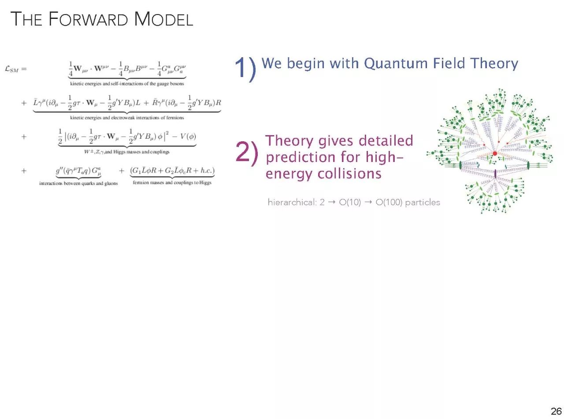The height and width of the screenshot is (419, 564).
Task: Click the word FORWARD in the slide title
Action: (x=88, y=19)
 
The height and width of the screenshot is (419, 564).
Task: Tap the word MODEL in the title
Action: (x=163, y=19)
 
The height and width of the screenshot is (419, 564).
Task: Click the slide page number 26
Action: (x=556, y=411)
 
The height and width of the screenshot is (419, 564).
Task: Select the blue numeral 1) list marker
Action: (x=245, y=68)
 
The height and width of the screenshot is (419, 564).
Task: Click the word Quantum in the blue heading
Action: (x=395, y=64)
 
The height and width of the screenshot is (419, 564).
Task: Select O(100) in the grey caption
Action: (x=389, y=202)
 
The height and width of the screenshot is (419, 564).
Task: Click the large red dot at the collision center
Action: (x=494, y=154)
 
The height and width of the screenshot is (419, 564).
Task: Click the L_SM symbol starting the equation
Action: (x=12, y=69)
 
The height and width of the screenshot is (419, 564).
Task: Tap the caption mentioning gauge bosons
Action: (x=127, y=84)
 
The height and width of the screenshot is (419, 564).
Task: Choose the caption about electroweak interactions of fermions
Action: (x=127, y=118)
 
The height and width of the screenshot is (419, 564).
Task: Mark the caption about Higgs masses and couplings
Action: (x=126, y=152)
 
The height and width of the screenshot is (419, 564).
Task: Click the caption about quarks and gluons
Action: (x=78, y=184)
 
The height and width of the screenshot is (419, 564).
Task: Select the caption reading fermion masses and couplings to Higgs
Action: (x=172, y=183)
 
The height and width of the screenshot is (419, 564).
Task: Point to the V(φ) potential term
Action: (x=188, y=137)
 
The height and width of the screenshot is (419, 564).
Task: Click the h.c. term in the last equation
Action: (x=206, y=170)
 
